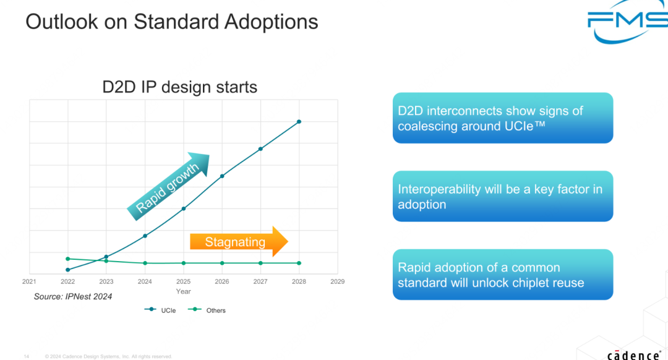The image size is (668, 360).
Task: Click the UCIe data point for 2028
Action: point(299,122)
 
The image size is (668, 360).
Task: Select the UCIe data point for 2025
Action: point(184,208)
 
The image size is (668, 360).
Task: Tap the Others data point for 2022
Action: point(68,259)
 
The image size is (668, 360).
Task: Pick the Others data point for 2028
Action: point(299,264)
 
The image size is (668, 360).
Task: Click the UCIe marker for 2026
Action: point(222,176)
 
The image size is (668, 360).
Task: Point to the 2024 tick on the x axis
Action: point(145,281)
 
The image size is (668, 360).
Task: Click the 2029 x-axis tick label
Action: point(338,281)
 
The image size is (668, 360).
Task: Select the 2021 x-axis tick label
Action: point(29,281)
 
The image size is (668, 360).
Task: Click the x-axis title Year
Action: point(183,291)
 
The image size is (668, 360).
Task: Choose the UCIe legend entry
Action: point(160,310)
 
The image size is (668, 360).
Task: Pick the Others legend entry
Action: point(207,310)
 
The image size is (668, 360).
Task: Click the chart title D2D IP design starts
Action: point(180,87)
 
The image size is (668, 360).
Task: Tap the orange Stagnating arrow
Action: point(239,242)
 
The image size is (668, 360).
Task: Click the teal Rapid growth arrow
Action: point(169,186)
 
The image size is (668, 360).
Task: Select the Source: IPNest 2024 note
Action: point(73,296)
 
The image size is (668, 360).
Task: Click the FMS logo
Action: point(627,21)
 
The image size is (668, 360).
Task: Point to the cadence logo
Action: point(634,355)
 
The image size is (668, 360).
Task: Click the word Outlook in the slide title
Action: point(62,22)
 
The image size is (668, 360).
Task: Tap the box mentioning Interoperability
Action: point(503,197)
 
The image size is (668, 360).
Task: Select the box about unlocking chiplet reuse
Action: point(503,275)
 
